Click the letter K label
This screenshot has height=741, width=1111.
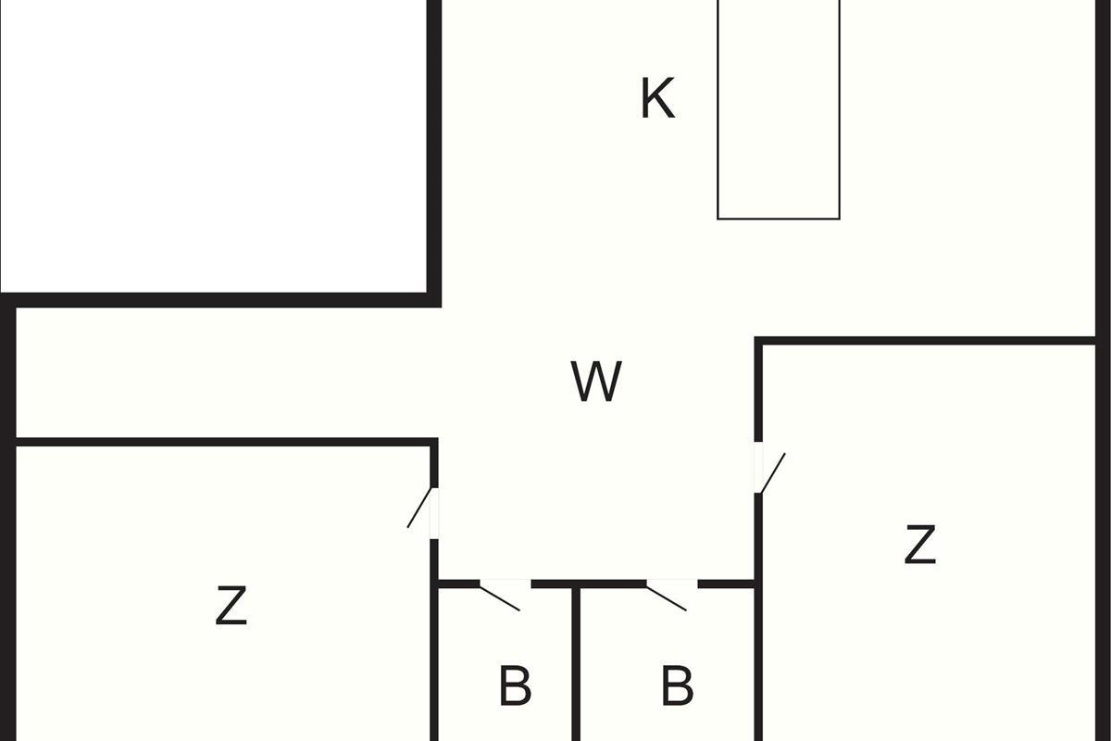coord(657,99)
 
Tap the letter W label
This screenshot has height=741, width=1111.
coord(595,382)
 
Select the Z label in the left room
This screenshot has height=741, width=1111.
coord(231,607)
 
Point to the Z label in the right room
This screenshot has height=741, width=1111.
coord(919,545)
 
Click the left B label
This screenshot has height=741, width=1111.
coord(515,686)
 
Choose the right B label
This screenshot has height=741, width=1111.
coord(678,686)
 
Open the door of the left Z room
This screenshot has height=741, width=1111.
coord(422,509)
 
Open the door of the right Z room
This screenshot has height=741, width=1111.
coord(770,471)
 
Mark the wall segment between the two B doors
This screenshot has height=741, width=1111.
coord(588,584)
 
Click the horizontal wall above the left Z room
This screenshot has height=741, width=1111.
coord(222,442)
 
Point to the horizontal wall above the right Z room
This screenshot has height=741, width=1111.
coord(926,341)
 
